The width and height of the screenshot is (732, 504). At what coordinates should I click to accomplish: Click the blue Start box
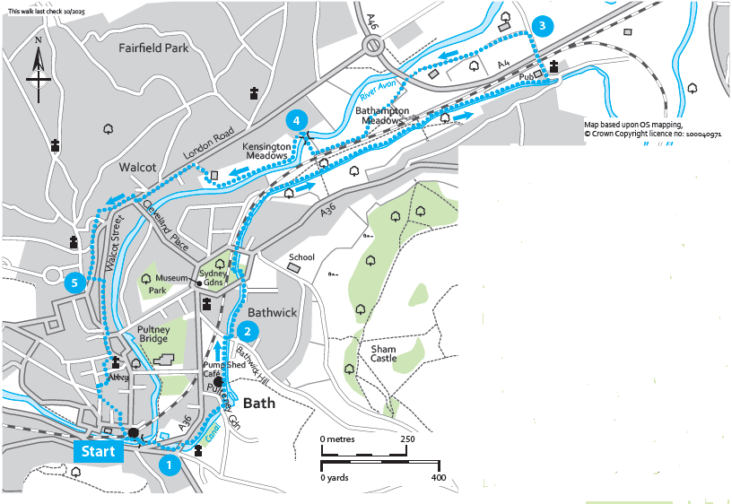(x=99, y=451)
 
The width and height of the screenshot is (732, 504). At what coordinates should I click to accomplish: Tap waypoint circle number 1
(x=166, y=465)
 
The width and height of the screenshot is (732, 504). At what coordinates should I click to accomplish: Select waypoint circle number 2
(x=248, y=330)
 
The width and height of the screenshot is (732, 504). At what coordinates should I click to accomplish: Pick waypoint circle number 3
(x=541, y=26)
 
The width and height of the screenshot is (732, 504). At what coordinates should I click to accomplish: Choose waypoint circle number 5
(x=76, y=283)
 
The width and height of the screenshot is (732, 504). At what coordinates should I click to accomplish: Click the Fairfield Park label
(x=154, y=48)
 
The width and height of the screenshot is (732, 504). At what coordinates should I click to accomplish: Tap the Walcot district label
(x=137, y=167)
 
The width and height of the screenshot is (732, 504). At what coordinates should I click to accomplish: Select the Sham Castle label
(x=383, y=353)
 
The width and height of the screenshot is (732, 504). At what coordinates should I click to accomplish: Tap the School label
(x=301, y=256)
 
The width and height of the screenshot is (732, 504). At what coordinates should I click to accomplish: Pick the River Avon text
(x=378, y=89)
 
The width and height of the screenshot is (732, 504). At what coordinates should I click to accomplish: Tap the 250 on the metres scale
(x=406, y=439)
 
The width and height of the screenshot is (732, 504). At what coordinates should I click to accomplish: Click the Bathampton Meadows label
(x=383, y=116)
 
